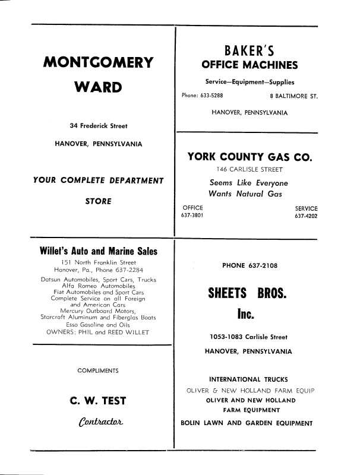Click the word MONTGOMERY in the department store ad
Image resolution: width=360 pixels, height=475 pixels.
(x=98, y=62)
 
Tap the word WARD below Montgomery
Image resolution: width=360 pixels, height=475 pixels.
(x=98, y=88)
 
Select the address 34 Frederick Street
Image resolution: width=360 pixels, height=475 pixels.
(x=98, y=126)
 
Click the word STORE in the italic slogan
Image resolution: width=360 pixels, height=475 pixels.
(x=98, y=201)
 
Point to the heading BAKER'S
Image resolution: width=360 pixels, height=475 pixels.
(x=249, y=50)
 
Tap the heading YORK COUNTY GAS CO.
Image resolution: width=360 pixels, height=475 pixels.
(x=250, y=157)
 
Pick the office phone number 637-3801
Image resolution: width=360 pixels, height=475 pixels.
(x=192, y=216)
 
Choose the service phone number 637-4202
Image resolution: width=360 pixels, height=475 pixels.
(x=306, y=216)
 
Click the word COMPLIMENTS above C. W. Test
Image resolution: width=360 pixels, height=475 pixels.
(x=98, y=371)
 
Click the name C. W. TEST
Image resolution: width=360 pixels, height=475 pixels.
(x=98, y=401)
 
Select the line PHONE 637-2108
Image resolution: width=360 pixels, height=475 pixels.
(x=250, y=265)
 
